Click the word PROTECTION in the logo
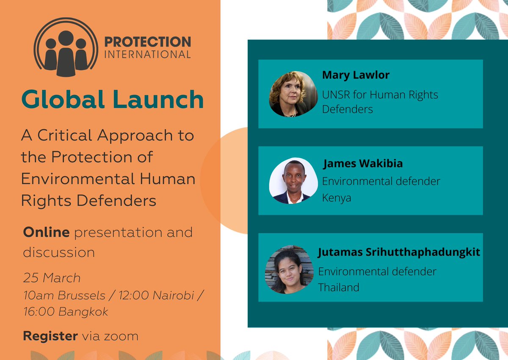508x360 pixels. pyautogui.click(x=147, y=42)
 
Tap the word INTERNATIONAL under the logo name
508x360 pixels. pyautogui.click(x=147, y=55)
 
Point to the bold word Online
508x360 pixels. pyautogui.click(x=46, y=232)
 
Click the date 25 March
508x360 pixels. pyautogui.click(x=52, y=278)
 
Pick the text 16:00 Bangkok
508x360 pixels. pyautogui.click(x=66, y=312)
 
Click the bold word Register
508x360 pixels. pyautogui.click(x=50, y=336)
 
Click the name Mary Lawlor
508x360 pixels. pyautogui.click(x=356, y=75)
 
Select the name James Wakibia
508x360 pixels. pyautogui.click(x=362, y=164)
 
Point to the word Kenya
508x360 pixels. pyautogui.click(x=337, y=198)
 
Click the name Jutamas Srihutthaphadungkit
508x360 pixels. pyautogui.click(x=399, y=253)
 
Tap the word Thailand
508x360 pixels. pyautogui.click(x=339, y=287)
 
